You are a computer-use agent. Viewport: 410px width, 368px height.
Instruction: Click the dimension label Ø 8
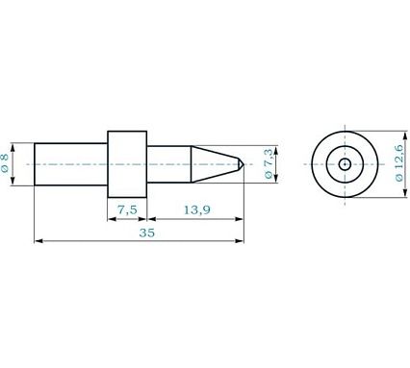pos(5,163)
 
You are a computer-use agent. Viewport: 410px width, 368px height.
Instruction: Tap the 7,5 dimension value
pos(127,210)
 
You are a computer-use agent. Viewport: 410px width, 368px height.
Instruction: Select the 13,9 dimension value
pos(197,210)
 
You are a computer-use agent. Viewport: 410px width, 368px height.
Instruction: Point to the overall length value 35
pos(147,233)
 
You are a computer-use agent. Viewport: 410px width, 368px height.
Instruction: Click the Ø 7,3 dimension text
pos(269,163)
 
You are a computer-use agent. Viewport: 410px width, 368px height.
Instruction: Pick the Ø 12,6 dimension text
pos(398,163)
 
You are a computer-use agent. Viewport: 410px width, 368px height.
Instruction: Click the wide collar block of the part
pos(127,164)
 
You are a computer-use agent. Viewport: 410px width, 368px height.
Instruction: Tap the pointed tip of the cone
pos(243,164)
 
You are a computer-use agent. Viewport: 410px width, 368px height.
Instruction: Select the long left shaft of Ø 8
pos(71,164)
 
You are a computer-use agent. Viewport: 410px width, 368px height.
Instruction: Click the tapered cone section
pos(215,164)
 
